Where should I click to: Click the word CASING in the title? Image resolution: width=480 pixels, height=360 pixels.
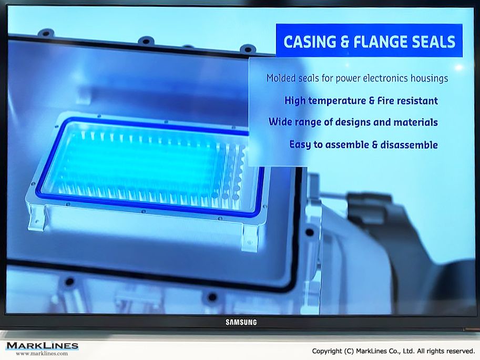point(310,42)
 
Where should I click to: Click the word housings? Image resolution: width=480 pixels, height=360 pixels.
point(429,79)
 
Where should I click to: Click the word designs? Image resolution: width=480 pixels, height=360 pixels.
point(353,122)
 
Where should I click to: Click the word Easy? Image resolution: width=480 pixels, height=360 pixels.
point(300,145)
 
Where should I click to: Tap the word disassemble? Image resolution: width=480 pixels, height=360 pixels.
point(409,145)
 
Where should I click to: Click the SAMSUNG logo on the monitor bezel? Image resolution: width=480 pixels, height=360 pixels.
point(241,322)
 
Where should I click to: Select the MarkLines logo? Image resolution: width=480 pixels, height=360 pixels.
point(42,346)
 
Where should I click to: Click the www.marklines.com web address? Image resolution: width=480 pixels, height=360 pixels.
point(42,353)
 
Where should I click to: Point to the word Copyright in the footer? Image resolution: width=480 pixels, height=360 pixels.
point(327,351)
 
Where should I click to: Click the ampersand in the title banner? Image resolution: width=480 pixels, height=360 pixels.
point(345,42)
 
